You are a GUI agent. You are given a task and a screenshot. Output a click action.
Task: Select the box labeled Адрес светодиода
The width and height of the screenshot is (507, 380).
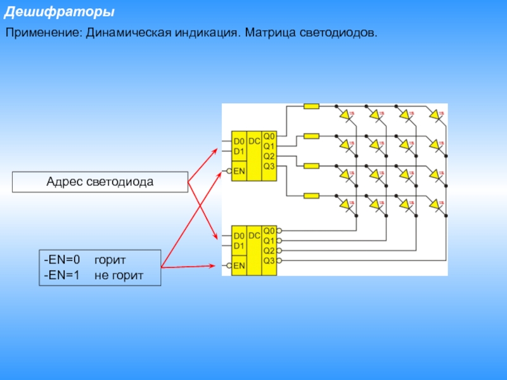100,182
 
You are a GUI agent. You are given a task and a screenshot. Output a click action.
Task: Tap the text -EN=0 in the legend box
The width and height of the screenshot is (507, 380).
62,260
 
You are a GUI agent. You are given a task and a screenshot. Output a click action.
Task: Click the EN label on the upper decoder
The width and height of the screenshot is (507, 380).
240,171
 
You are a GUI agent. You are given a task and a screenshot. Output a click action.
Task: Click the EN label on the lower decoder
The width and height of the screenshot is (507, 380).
240,266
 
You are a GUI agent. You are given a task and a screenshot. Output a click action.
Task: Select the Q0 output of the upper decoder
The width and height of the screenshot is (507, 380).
269,136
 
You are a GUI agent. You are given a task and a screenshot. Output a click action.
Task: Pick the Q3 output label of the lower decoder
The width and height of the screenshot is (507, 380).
269,260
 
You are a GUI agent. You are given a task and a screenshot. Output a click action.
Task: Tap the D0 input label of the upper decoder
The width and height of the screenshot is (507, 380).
239,141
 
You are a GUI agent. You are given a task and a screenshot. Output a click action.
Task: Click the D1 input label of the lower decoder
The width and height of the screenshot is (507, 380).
239,246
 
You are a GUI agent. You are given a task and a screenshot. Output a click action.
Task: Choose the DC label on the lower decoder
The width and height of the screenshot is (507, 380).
254,236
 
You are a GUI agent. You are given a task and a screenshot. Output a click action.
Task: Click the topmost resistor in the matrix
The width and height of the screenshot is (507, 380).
311,106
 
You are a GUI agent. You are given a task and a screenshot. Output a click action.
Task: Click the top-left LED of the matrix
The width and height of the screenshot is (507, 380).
345,115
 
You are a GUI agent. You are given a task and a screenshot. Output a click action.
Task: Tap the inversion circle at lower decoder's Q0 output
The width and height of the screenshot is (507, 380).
279,231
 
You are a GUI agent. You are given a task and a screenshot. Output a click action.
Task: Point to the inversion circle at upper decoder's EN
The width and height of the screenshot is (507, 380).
228,171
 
